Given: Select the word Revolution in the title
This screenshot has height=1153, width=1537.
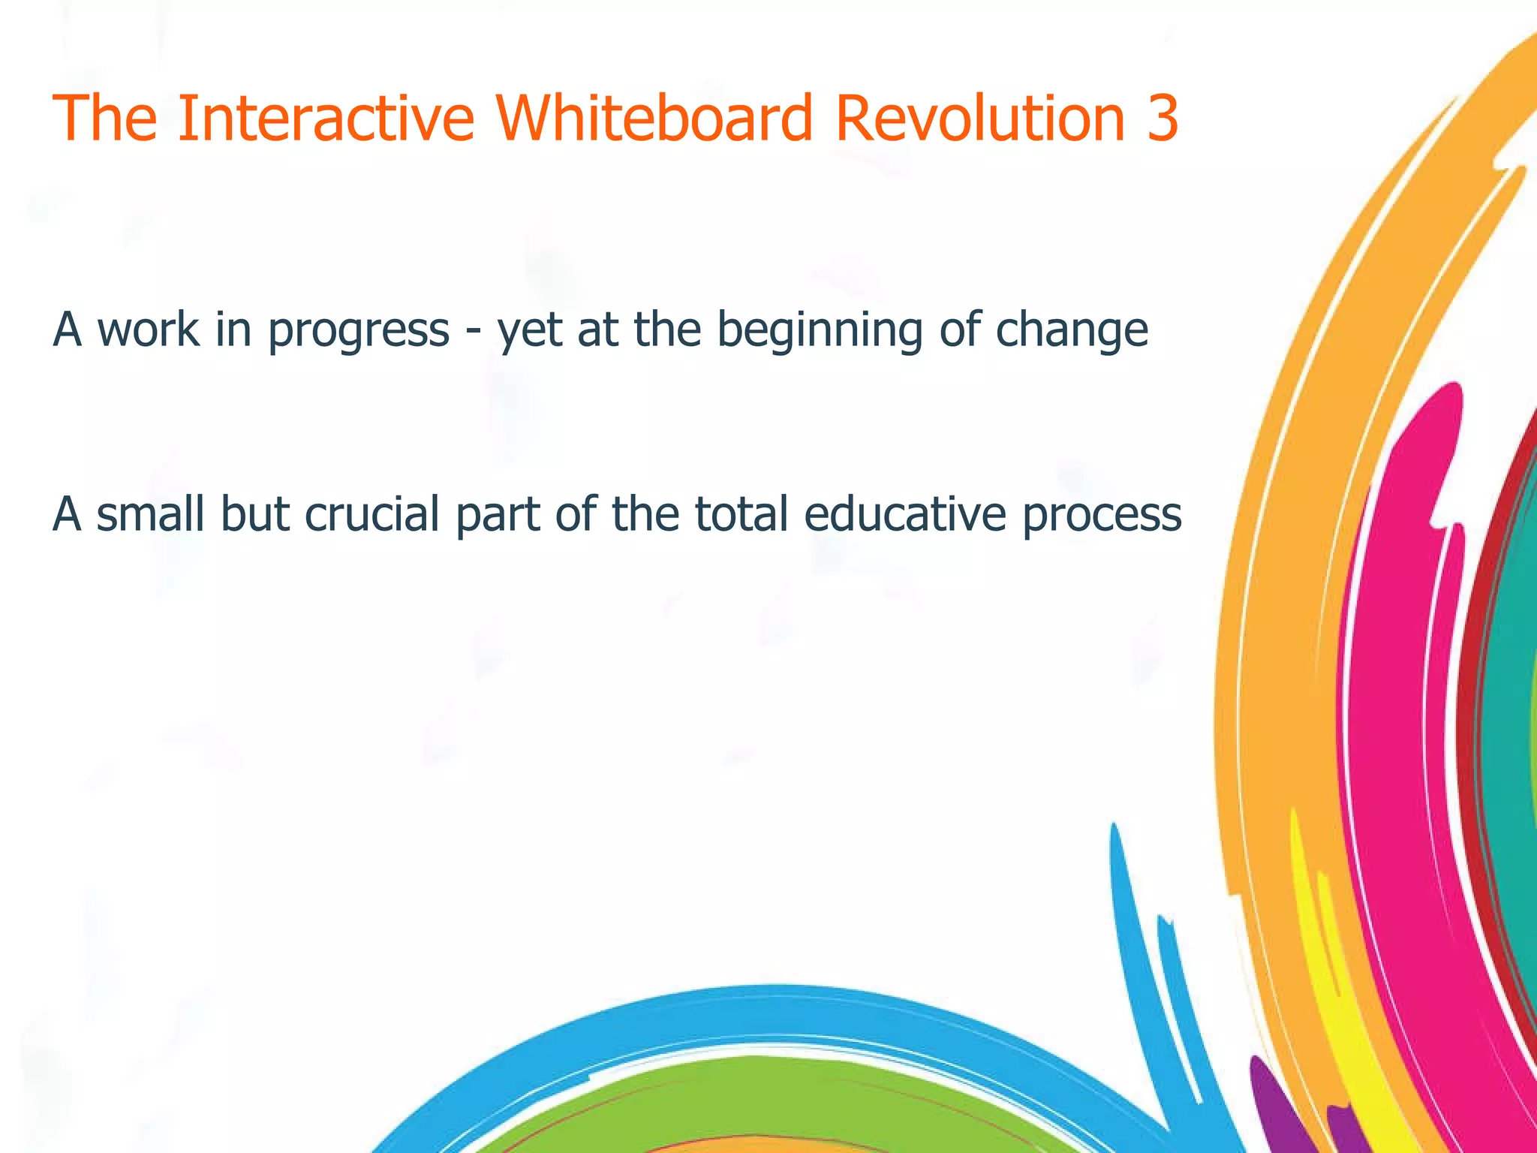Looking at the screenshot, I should coord(979,118).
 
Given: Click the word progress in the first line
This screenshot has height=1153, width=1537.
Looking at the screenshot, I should coord(358,331).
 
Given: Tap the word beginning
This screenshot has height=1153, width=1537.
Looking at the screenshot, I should coord(818,331).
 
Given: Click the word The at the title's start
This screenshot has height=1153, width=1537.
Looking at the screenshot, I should coord(105,118).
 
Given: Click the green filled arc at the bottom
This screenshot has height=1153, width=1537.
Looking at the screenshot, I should coord(750,1096).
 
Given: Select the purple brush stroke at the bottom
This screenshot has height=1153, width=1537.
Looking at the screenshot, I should coord(1276,1111).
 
